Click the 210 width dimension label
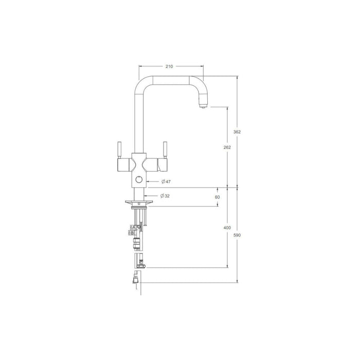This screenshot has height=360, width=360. pyautogui.click(x=170, y=66)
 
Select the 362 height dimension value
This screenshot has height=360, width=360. pyautogui.click(x=237, y=132)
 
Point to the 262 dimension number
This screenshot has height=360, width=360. pyautogui.click(x=228, y=148)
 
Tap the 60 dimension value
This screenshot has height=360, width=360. pyautogui.click(x=218, y=197)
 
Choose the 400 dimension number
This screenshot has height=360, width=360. pyautogui.click(x=228, y=228)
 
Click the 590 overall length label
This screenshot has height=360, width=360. pyautogui.click(x=237, y=235)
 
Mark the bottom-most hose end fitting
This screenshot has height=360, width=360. pyautogui.click(x=136, y=280)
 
